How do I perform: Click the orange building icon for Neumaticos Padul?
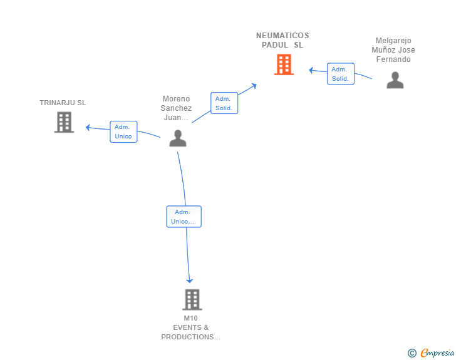[x=284, y=64]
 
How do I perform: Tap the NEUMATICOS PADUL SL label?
[x=282, y=40]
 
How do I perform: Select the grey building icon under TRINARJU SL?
[x=64, y=123]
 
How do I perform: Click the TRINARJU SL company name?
[x=63, y=103]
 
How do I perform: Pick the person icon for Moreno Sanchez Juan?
[x=178, y=138]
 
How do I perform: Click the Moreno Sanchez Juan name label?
[x=176, y=108]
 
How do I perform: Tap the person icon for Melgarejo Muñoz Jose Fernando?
[x=395, y=80]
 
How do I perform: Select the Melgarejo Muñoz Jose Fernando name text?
[x=393, y=49]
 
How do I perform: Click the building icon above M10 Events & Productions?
[x=192, y=299]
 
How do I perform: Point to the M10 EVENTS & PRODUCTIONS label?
[x=191, y=327]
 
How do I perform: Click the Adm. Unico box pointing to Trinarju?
[x=123, y=131]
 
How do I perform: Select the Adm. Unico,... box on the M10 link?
[x=184, y=217]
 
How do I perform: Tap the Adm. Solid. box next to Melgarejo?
[x=341, y=74]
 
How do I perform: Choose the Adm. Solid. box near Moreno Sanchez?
[x=224, y=103]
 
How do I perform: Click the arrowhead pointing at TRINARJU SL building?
[x=88, y=127]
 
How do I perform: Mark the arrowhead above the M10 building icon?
[x=189, y=281]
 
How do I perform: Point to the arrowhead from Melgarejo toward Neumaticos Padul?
[x=311, y=70]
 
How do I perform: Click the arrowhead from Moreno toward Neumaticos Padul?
[x=254, y=86]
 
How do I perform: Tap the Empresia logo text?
[x=437, y=352]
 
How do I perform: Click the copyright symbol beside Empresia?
[x=412, y=353]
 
